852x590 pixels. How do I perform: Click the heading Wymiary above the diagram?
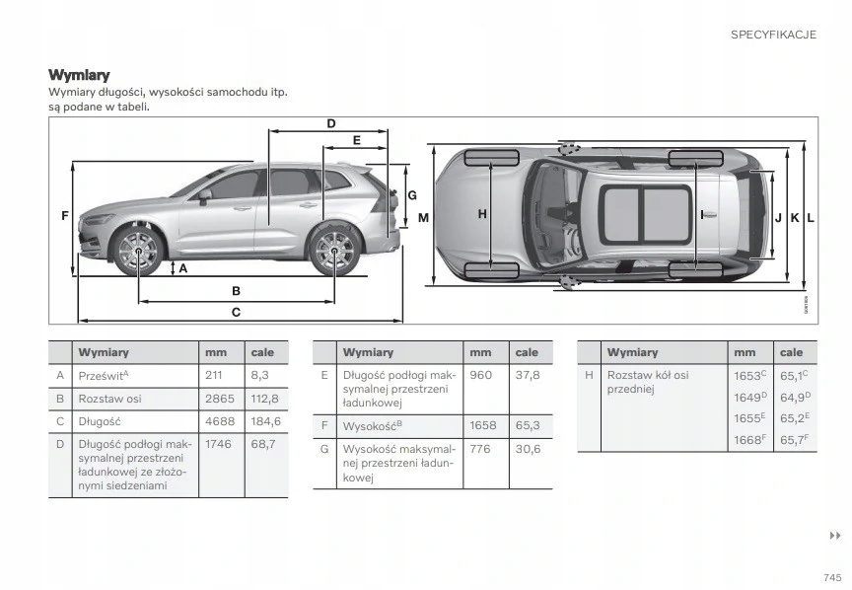[x=79, y=75]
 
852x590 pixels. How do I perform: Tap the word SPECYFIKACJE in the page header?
[x=773, y=35]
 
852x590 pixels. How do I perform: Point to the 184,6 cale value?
[x=266, y=421]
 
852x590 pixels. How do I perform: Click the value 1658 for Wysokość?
[x=483, y=425]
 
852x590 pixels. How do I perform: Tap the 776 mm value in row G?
[x=480, y=449]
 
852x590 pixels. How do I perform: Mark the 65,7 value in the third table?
[x=792, y=440]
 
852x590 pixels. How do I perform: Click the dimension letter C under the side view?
[x=236, y=312]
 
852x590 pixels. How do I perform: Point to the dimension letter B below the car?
[x=236, y=290]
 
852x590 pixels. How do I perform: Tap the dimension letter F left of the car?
[x=64, y=216]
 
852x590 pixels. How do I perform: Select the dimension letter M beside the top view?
[x=422, y=216]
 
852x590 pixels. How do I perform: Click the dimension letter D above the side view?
[x=331, y=123]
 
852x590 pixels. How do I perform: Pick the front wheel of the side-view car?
[x=138, y=251]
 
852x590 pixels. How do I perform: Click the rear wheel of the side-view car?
[x=332, y=251]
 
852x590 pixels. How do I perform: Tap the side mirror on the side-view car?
[x=204, y=196]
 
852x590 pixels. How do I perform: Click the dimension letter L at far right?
[x=810, y=216]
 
